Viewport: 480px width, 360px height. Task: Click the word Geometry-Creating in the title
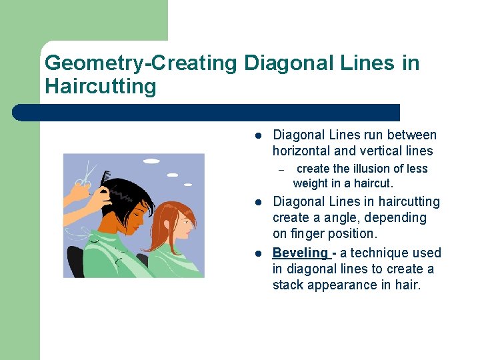click(141, 63)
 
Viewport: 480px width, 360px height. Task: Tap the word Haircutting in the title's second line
click(100, 87)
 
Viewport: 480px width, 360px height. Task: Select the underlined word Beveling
click(301, 253)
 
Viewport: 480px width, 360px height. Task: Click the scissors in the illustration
click(84, 178)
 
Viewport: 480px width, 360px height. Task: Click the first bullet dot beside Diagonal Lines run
click(257, 135)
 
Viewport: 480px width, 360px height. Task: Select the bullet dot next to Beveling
click(257, 253)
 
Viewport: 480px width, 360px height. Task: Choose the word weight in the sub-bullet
click(311, 183)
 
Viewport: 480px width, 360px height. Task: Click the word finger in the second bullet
click(305, 233)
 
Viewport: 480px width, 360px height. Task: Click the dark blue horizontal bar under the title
click(207, 112)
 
